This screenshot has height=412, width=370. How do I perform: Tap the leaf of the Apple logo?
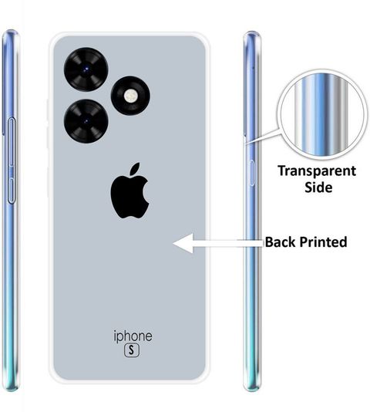[x=135, y=168]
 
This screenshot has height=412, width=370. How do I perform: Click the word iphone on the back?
[x=133, y=336]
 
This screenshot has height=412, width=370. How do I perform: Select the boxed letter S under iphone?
[x=132, y=350]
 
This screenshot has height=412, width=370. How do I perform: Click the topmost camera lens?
[x=86, y=69]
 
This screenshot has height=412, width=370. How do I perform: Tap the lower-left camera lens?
[x=86, y=121]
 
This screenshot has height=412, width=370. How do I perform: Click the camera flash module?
[x=130, y=96]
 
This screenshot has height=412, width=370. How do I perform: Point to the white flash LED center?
[x=130, y=95]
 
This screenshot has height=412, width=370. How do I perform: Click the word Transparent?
[x=317, y=171]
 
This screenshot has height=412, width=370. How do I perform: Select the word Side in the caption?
[x=318, y=187]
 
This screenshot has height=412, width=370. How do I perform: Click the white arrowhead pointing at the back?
[x=183, y=243]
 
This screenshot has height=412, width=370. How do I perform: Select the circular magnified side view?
[x=322, y=114]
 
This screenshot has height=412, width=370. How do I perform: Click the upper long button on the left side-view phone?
[x=12, y=142]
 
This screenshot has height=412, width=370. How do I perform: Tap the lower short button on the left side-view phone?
[x=12, y=191]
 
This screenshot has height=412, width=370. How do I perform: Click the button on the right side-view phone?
[x=251, y=173]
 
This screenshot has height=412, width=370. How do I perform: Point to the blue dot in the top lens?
[x=86, y=69]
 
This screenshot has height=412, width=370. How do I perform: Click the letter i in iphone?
[x=115, y=336]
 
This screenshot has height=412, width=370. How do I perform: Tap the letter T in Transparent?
[x=282, y=171]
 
